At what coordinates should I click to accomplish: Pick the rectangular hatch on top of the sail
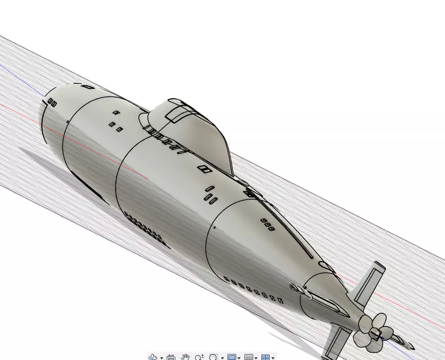tap(177, 113)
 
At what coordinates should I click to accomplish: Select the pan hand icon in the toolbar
tap(185, 357)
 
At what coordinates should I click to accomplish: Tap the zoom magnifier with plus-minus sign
tap(199, 357)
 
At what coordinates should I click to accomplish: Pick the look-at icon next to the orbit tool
tap(170, 357)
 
